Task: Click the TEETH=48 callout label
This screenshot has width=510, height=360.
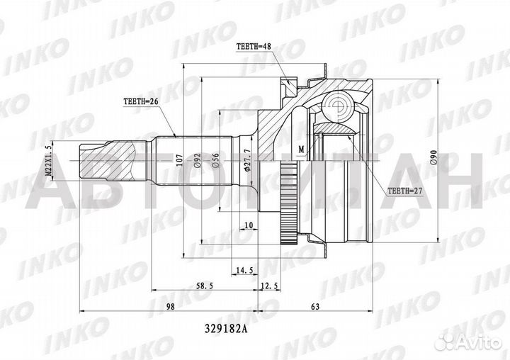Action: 254,48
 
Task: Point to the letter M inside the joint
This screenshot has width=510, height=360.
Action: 300,149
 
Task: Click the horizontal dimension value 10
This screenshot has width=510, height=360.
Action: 248,225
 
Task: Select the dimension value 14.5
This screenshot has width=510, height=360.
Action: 245,270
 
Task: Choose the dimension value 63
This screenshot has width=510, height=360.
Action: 315,307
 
